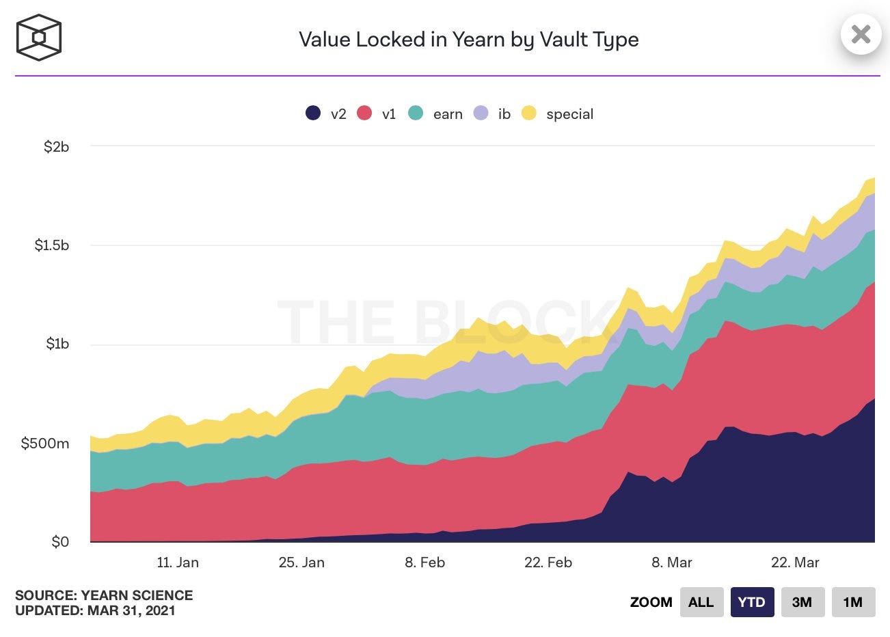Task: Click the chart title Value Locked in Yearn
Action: click(x=468, y=40)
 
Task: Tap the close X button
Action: click(x=861, y=33)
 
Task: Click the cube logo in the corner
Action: click(x=39, y=38)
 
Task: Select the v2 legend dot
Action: click(x=313, y=113)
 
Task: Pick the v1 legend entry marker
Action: click(x=364, y=113)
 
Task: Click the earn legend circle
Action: click(x=416, y=113)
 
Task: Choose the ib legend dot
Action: click(x=481, y=113)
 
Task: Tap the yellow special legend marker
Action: click(x=529, y=113)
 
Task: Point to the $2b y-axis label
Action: click(x=56, y=147)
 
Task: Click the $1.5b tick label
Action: click(x=52, y=245)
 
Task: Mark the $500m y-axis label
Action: click(x=45, y=444)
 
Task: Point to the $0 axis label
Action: click(x=60, y=542)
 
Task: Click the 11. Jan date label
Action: click(x=178, y=563)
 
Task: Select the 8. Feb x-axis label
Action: click(x=424, y=563)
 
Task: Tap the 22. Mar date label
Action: click(x=795, y=563)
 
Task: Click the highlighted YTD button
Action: click(x=752, y=602)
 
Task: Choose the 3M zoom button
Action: click(x=803, y=602)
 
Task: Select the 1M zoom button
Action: click(x=853, y=602)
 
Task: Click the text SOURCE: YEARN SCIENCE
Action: click(x=104, y=595)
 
